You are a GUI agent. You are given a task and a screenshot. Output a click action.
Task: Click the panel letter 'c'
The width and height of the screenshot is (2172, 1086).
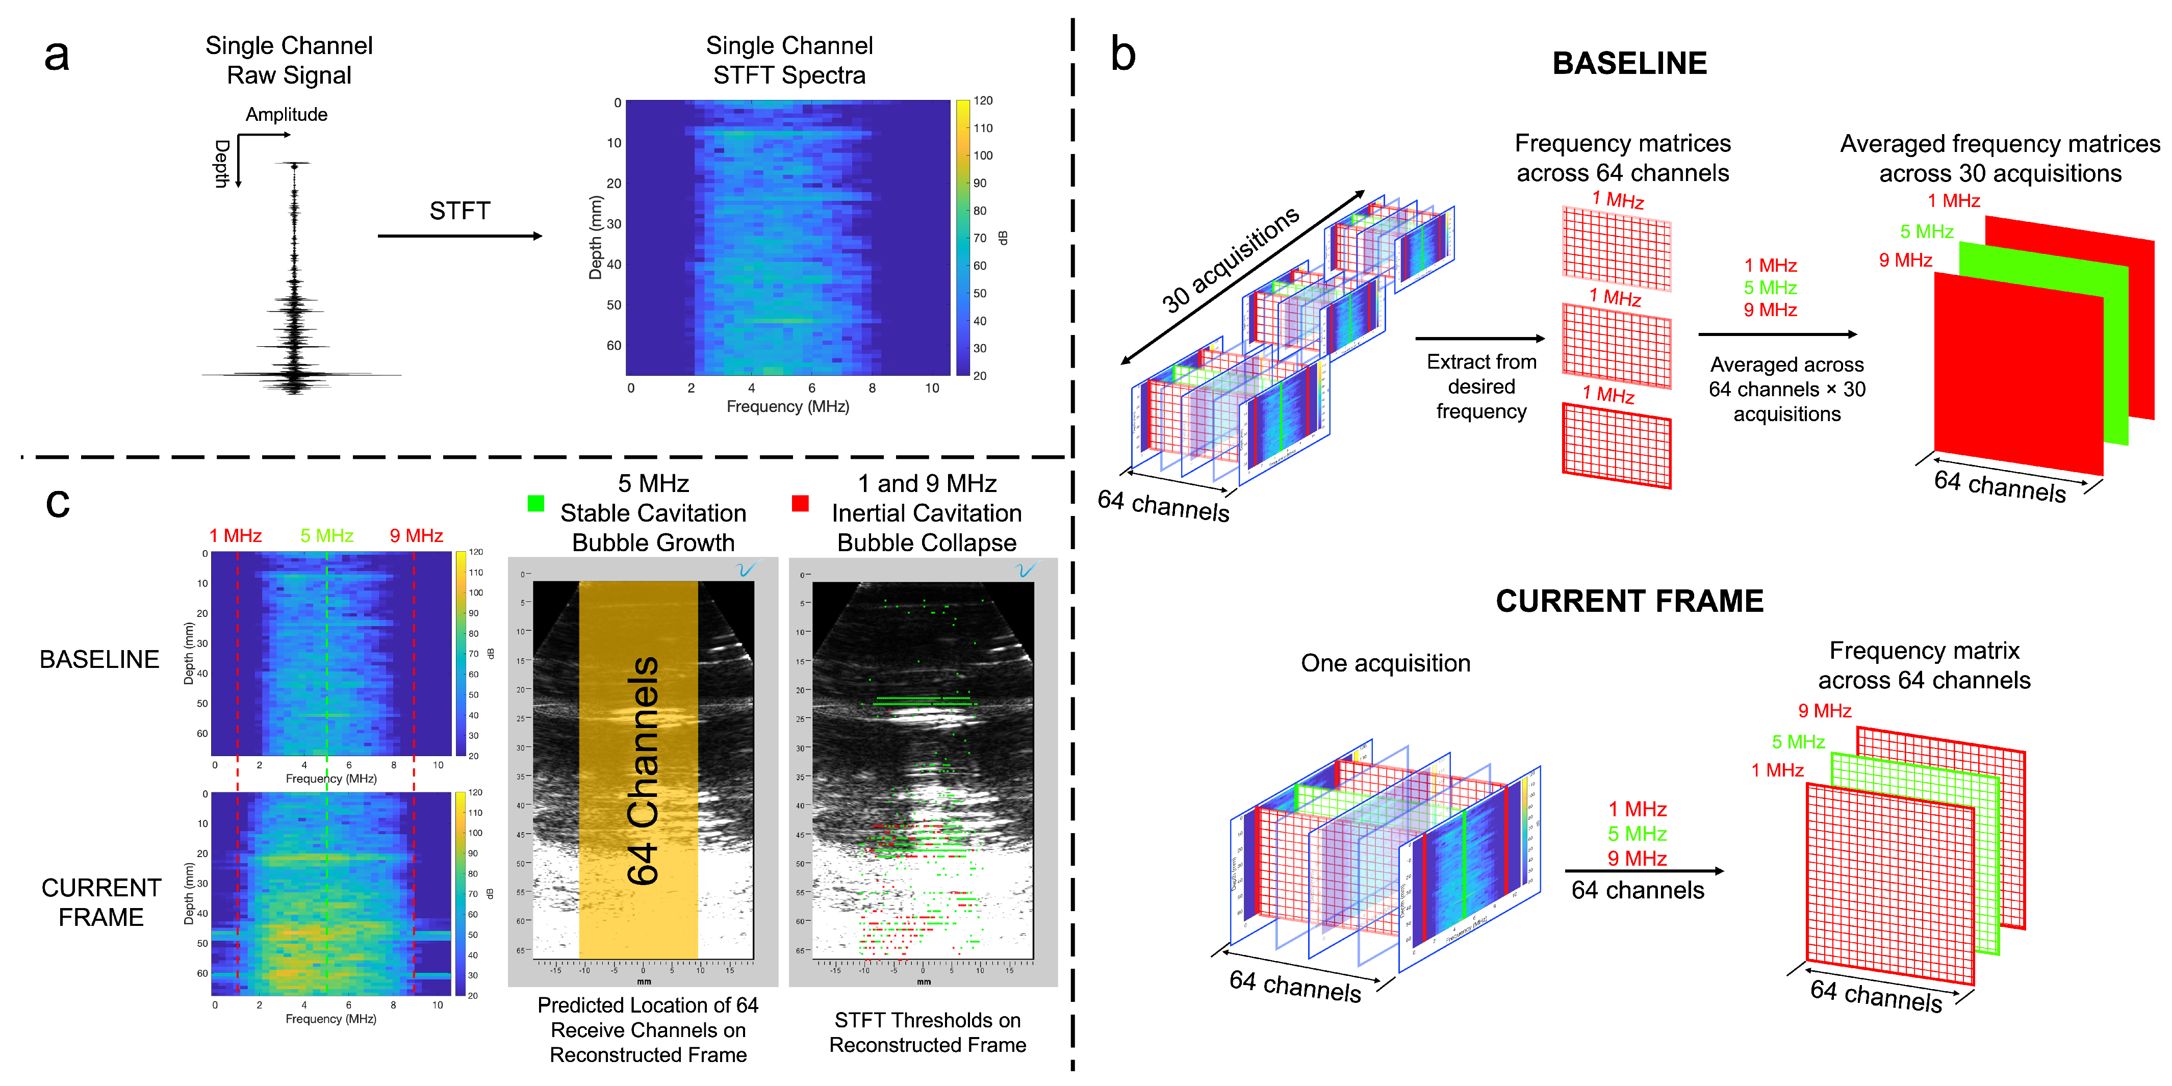[57, 503]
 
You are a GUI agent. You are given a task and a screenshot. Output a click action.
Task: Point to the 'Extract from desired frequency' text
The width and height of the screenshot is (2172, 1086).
[1481, 386]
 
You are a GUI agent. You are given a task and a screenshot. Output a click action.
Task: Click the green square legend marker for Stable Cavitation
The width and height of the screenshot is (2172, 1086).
[535, 503]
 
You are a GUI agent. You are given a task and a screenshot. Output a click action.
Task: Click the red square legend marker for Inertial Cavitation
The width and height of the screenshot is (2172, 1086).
[800, 503]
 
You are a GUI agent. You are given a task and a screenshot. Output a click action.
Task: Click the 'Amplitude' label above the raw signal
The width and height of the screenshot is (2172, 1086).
[287, 115]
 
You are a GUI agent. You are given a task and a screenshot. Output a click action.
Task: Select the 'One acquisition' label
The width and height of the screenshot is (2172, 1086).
[1385, 663]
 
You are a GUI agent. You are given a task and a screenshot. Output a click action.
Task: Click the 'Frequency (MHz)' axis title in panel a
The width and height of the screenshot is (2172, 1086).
[787, 406]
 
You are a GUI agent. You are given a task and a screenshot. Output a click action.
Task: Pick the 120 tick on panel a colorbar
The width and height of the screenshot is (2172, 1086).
[983, 101]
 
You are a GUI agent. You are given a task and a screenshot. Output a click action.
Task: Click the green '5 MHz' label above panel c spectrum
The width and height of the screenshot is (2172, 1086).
[327, 536]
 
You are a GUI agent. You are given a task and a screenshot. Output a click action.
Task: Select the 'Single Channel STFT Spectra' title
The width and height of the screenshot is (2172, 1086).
[789, 60]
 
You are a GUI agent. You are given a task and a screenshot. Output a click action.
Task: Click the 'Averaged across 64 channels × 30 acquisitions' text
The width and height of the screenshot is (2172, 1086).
[1786, 389]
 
